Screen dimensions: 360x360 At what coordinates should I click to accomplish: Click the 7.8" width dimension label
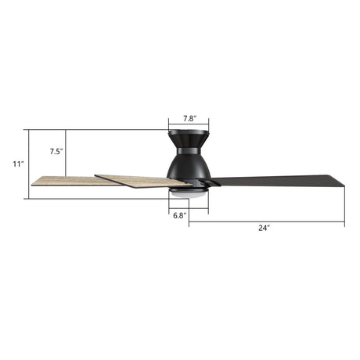[189, 118]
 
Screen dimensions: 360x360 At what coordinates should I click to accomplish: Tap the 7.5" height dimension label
[56, 151]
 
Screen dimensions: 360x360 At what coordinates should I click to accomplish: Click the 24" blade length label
[265, 228]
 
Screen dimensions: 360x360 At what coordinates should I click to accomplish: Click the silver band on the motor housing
[189, 149]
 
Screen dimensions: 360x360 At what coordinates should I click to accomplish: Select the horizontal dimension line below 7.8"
[189, 126]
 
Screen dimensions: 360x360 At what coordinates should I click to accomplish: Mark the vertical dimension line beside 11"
[28, 164]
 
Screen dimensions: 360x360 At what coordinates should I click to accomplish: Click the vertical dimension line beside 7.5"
[67, 153]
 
